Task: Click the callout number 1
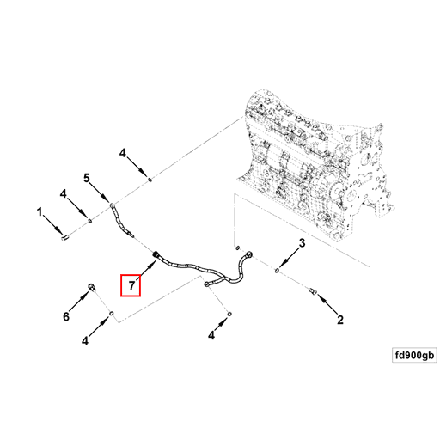point(40,212)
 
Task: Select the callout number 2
point(340,320)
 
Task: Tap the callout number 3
point(302,243)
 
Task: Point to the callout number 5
point(87,178)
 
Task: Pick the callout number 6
point(66,316)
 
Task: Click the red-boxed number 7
point(131,285)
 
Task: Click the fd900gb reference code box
point(414,355)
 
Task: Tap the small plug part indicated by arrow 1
point(65,237)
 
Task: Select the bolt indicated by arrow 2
point(313,291)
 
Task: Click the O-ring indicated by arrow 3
point(277,270)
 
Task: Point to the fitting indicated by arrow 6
point(92,287)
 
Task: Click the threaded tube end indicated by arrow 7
point(156,254)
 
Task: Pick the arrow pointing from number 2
point(327,305)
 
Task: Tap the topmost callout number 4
point(123,154)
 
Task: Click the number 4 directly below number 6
point(85,341)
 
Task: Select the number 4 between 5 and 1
point(63,194)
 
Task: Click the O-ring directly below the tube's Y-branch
point(229,315)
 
